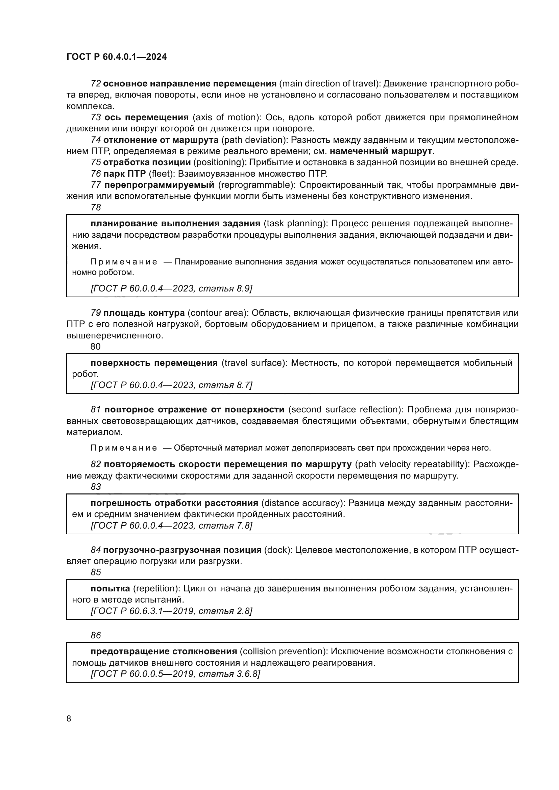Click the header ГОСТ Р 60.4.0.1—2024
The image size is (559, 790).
pyautogui.click(x=117, y=57)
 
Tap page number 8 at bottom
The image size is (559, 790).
pyautogui.click(x=69, y=718)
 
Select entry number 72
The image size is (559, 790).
pyautogui.click(x=95, y=84)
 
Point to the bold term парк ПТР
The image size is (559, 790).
pyautogui.click(x=125, y=173)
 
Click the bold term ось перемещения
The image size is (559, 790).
pyautogui.click(x=146, y=117)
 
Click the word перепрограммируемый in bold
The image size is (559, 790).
pyautogui.click(x=160, y=185)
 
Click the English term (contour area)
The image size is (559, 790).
pyautogui.click(x=218, y=313)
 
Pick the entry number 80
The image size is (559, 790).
pyautogui.click(x=95, y=347)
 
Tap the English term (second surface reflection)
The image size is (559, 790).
pyautogui.click(x=345, y=409)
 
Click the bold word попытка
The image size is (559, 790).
pyautogui.click(x=110, y=588)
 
